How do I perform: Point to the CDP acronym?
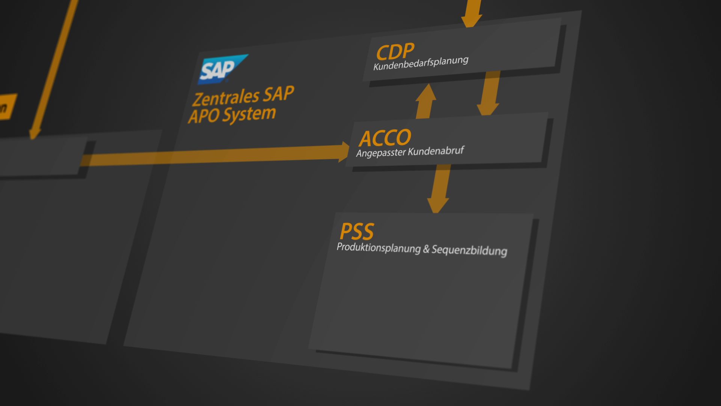(395, 52)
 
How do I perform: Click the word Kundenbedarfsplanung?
(421, 63)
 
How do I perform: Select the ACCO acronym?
(385, 138)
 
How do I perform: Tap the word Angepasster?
(381, 153)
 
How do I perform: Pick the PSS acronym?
(357, 232)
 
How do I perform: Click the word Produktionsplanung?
(378, 248)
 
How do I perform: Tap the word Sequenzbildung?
(469, 250)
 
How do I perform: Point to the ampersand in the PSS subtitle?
(426, 249)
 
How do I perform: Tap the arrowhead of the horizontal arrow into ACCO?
(343, 152)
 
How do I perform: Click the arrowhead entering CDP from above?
(471, 21)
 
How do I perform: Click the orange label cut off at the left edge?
(7, 107)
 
